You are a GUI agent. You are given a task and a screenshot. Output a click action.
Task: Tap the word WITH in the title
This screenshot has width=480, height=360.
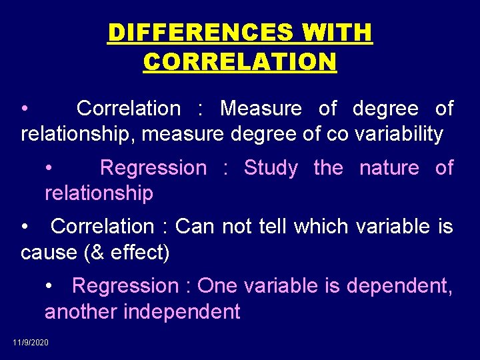337,32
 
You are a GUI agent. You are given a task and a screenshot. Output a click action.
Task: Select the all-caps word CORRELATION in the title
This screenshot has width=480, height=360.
240,62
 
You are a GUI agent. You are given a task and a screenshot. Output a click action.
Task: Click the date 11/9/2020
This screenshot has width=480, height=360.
31,343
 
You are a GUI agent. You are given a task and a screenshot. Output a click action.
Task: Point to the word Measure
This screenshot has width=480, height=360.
261,109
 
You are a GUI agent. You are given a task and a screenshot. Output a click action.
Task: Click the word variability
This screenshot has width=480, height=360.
399,134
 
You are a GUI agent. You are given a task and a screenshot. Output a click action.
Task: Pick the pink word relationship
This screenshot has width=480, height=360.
99,193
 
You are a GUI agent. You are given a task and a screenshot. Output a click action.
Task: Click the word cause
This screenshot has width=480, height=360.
49,253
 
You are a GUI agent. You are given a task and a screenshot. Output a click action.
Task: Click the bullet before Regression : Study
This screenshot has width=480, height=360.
50,168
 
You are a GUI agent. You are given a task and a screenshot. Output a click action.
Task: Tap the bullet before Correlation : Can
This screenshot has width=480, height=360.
25,227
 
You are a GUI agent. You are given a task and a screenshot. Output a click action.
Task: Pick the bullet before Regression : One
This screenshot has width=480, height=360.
50,286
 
